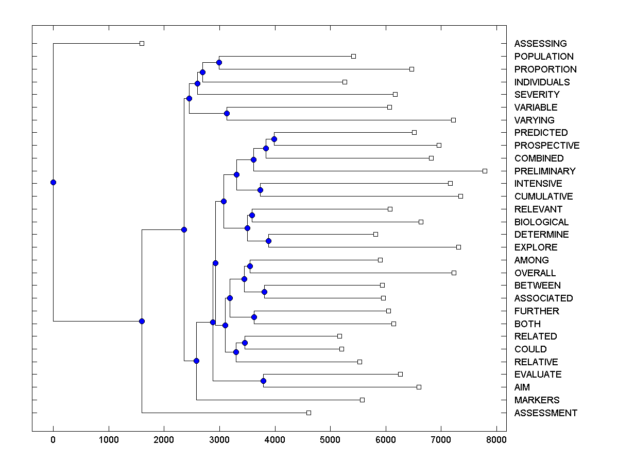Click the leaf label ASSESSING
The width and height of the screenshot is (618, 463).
(540, 44)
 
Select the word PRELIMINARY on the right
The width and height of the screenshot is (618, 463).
(545, 171)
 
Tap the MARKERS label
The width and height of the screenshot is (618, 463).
(537, 400)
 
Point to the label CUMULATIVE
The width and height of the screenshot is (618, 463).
(543, 197)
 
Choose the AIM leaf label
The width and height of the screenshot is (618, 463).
(522, 387)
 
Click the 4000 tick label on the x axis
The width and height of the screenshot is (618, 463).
(274, 440)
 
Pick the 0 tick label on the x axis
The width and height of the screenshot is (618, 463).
(53, 440)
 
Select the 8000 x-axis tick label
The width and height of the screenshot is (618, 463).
(496, 440)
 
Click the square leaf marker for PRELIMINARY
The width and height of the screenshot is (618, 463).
(485, 171)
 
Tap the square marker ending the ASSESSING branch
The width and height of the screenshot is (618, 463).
(142, 44)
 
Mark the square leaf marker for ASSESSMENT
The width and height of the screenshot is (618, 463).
(308, 413)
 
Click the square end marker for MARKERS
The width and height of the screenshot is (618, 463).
(362, 400)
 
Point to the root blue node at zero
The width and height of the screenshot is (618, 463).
(53, 182)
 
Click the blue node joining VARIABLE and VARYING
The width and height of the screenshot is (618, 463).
(227, 113)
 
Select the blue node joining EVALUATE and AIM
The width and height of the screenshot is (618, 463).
(263, 381)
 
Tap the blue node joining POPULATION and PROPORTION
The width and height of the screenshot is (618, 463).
(219, 62)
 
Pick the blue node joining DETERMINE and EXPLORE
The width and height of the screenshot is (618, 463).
(268, 241)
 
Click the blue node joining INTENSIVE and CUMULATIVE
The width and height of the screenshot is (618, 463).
(260, 190)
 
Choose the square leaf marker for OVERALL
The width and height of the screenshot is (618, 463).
(454, 273)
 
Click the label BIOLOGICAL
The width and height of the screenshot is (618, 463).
(541, 222)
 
